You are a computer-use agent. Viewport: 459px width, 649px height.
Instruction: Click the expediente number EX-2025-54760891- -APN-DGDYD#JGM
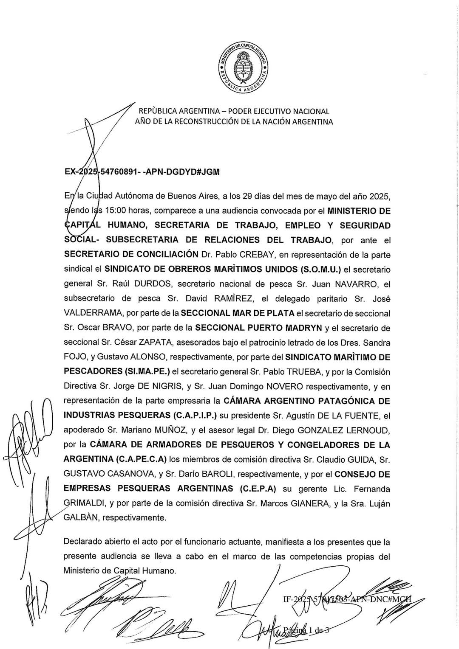(142, 172)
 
